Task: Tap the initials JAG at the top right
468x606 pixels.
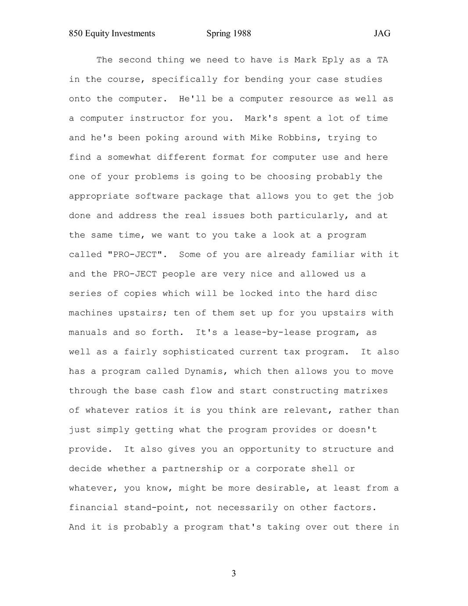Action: (382, 33)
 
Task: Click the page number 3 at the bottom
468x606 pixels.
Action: (234, 574)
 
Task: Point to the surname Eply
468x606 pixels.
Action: (333, 60)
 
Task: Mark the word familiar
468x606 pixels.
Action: (333, 255)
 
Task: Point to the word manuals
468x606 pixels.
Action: (88, 332)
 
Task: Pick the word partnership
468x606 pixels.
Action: (192, 469)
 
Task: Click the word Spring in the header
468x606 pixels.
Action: (218, 33)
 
